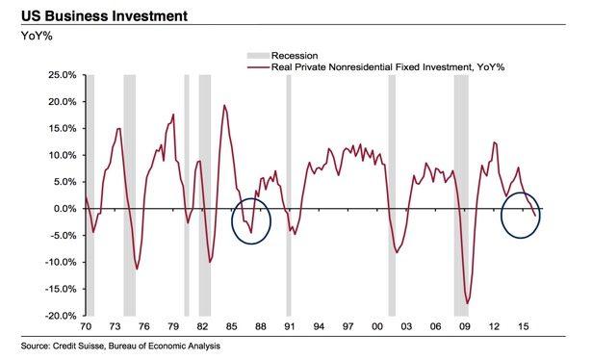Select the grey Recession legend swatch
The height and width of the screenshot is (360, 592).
(257, 56)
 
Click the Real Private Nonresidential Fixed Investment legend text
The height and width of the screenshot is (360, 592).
(376, 68)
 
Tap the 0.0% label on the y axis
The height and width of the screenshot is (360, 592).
(64, 209)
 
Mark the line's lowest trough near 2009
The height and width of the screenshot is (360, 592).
(469, 303)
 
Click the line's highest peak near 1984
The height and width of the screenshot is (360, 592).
(224, 106)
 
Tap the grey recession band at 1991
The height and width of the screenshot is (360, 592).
(288, 193)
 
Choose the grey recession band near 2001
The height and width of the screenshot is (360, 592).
(392, 193)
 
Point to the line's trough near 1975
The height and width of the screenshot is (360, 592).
(137, 269)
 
